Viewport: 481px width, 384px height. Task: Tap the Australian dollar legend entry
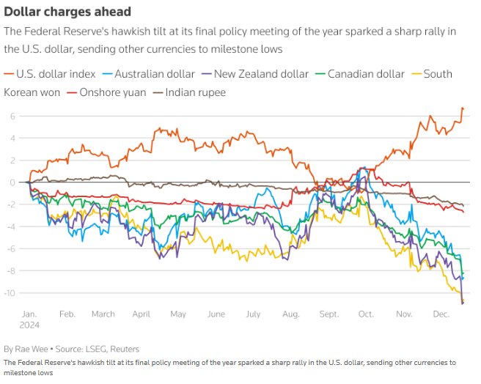149,74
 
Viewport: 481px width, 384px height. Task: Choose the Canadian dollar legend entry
359,74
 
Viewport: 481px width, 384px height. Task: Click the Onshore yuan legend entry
106,92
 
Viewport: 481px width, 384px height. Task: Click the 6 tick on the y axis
12,116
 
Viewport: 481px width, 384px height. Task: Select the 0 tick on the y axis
12,182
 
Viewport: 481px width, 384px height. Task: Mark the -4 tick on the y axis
10,226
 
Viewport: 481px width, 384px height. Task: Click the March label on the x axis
103,314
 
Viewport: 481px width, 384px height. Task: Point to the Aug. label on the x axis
290,314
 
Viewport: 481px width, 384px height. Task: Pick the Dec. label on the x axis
441,314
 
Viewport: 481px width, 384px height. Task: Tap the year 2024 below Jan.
29,325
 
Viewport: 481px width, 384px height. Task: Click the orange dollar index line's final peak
462,108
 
